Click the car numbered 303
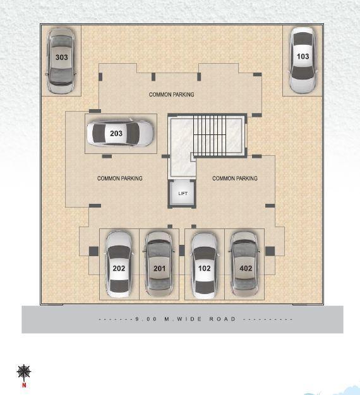[x=61, y=60]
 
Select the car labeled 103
[x=303, y=59]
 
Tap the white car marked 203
[x=119, y=133]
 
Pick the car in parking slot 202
[x=119, y=264]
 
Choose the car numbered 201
[x=159, y=264]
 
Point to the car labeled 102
[x=204, y=264]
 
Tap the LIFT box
[x=183, y=194]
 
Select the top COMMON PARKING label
[x=171, y=95]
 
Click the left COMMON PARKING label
[x=119, y=179]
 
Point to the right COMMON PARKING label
[x=234, y=179]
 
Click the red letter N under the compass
[x=24, y=384]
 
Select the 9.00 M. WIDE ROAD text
[x=195, y=319]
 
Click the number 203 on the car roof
[x=116, y=134]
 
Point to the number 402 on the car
[x=246, y=268]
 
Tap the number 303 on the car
[x=61, y=57]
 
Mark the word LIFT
[x=183, y=194]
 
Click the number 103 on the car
[x=303, y=57]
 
